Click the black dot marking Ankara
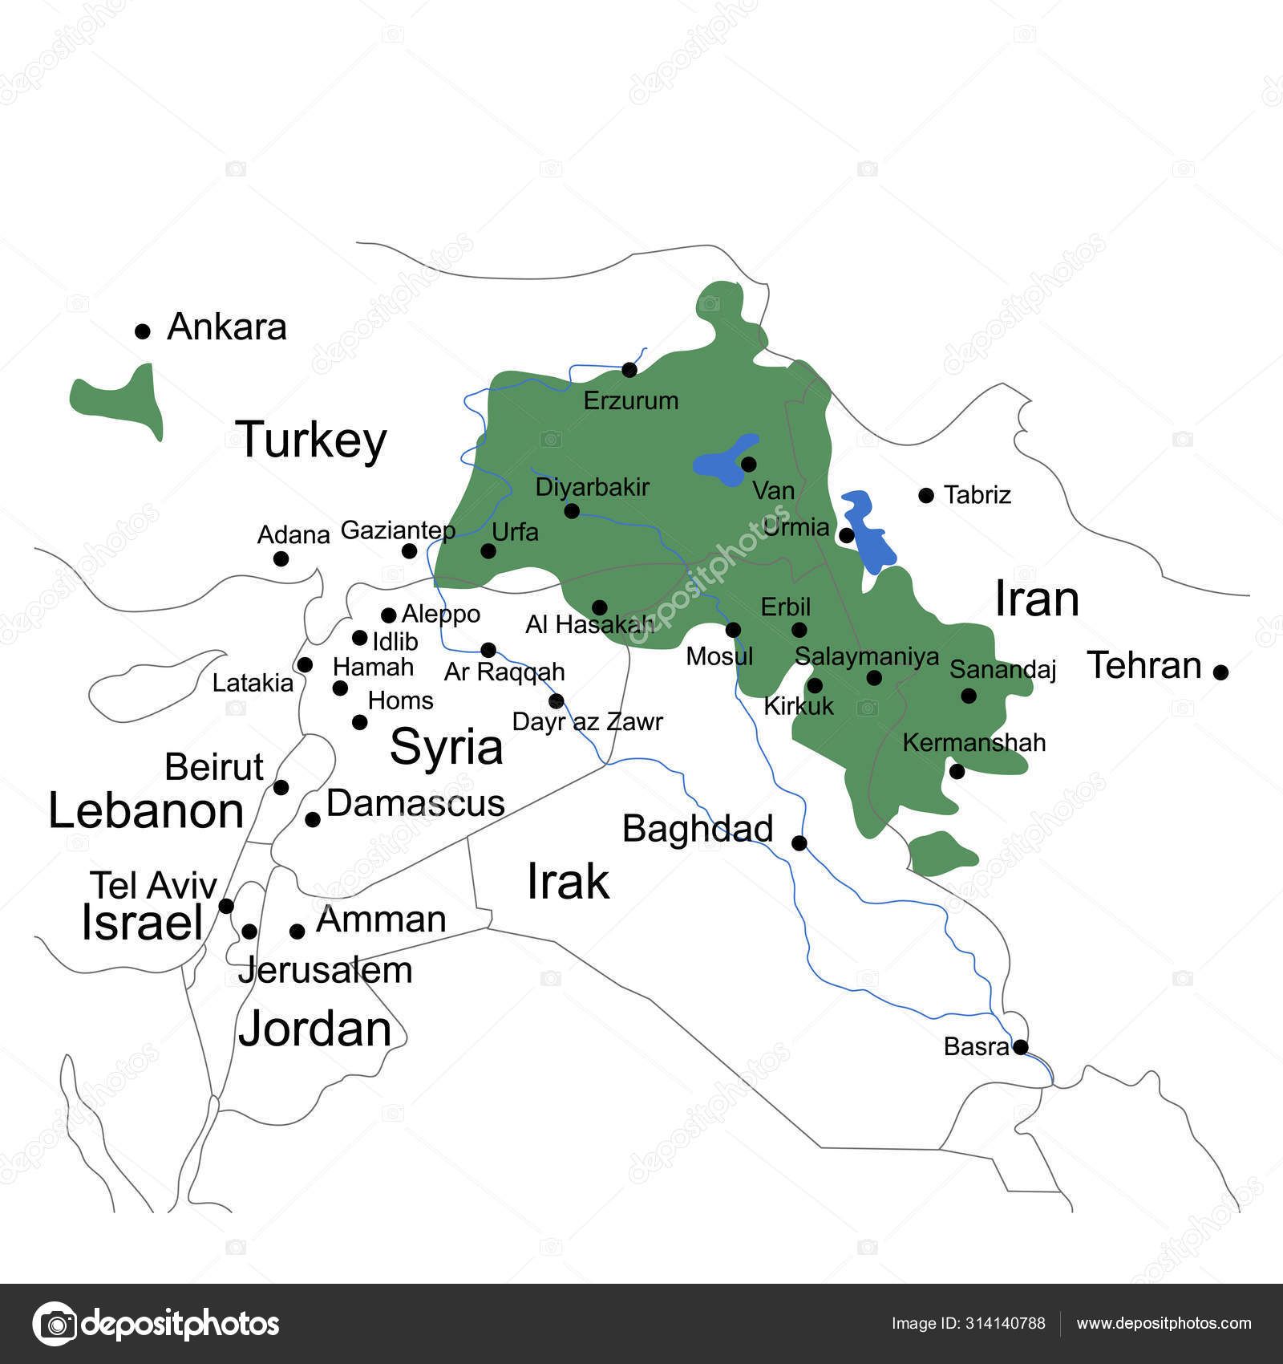point(143,331)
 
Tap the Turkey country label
point(311,440)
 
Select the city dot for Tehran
point(1220,672)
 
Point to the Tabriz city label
point(977,495)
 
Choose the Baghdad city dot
point(799,842)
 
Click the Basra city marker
point(1020,1047)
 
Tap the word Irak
point(568,882)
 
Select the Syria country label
point(446,747)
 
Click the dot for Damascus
point(313,819)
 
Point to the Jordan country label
point(314,1029)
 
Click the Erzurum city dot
point(629,370)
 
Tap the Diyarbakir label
point(592,487)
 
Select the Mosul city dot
point(733,630)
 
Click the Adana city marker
point(281,558)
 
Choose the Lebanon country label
point(146,811)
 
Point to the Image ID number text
point(968,1323)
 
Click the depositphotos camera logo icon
point(55,1323)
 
